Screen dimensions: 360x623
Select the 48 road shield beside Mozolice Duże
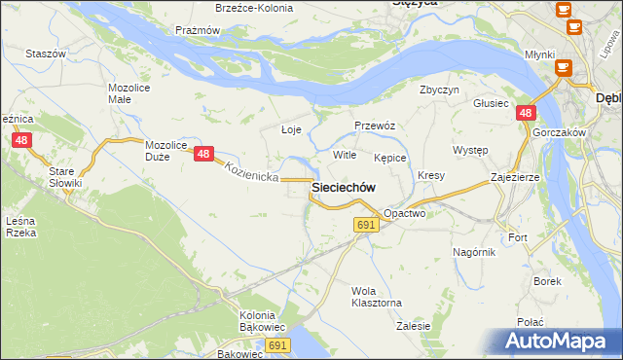[203, 154]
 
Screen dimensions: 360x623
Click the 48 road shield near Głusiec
[525, 114]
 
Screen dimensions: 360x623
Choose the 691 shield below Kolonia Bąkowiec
[278, 345]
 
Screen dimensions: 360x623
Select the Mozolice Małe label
[127, 93]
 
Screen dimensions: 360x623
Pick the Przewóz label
[374, 126]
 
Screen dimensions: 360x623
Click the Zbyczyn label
[439, 90]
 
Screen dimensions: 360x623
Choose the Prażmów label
[198, 30]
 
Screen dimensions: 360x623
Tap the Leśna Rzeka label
[21, 227]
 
